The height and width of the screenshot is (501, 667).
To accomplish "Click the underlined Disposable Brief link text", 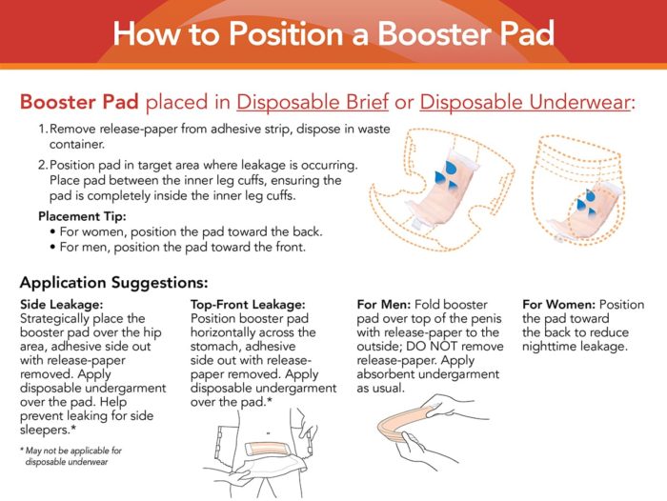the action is [313, 103].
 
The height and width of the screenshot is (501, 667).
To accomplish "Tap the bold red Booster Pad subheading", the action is [79, 102].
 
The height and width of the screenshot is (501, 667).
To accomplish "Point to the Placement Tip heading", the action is [82, 216].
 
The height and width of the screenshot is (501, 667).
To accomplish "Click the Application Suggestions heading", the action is [114, 283].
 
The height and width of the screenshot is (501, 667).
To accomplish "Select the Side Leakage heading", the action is [61, 305].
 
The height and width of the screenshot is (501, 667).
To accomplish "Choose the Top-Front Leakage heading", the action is [248, 305].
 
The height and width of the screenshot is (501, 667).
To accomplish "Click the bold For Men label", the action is [384, 305].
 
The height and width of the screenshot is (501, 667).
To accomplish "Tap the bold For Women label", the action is [558, 305].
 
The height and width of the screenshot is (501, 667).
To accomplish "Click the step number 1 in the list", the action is [42, 129].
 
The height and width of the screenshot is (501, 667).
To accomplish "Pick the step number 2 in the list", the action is [43, 165].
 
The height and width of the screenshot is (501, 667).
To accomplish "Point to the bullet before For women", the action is [52, 232].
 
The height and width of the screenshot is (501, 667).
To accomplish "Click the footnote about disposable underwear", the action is [71, 456].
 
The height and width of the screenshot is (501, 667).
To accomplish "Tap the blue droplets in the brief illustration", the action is [447, 175].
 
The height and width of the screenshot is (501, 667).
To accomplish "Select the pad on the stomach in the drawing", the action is [265, 449].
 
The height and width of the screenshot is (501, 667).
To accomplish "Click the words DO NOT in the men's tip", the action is [432, 347].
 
